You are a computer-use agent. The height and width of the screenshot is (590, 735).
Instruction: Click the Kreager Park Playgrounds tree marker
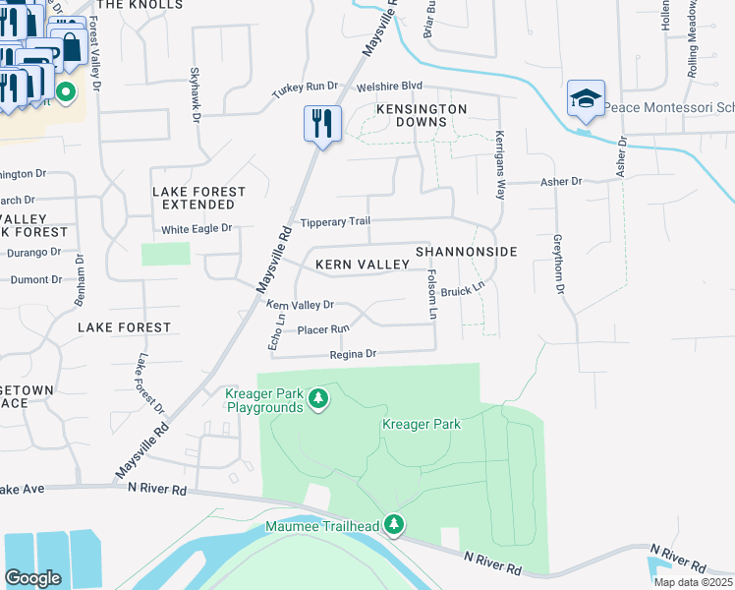[x=317, y=398]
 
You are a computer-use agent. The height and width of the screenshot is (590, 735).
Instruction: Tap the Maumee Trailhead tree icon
[x=394, y=524]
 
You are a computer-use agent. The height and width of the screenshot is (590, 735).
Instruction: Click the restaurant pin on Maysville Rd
[x=322, y=124]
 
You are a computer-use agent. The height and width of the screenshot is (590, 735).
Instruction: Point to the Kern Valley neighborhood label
[x=362, y=265]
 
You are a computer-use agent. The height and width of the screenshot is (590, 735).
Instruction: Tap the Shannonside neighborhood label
[x=466, y=253]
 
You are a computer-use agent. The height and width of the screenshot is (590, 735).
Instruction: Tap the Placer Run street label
[x=323, y=329]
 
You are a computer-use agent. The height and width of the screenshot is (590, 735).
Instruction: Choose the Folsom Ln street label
[x=431, y=295]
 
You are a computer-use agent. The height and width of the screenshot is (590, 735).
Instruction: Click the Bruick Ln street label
[x=464, y=291]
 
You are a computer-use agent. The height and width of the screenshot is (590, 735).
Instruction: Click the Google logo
[x=33, y=577]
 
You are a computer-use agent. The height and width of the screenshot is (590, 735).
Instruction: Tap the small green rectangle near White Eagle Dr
[x=165, y=254]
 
